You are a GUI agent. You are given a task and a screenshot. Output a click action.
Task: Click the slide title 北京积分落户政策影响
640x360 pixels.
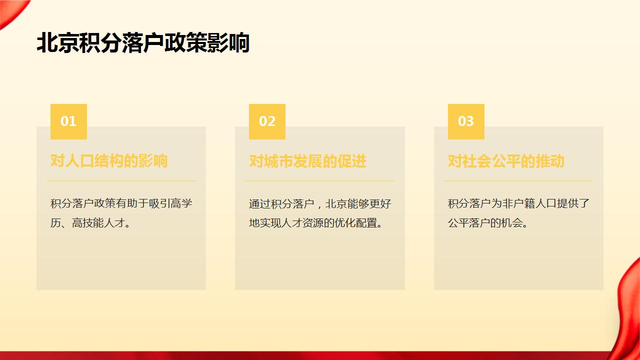(x=143, y=43)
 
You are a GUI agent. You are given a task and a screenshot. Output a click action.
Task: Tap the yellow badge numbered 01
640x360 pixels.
(x=68, y=121)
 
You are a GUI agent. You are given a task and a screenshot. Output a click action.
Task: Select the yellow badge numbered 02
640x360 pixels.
(x=267, y=121)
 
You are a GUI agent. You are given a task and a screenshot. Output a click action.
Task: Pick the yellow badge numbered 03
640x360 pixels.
(x=466, y=121)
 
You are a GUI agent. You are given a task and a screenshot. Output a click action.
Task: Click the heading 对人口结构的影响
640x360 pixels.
(x=109, y=161)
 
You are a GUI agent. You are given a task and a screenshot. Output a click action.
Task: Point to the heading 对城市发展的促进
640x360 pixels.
(x=307, y=161)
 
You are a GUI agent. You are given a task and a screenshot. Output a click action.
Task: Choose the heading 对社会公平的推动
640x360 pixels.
(x=506, y=161)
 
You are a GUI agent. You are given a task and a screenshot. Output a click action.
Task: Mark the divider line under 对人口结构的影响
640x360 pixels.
(x=121, y=180)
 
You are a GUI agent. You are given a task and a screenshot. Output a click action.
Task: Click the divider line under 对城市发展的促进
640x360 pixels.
(x=319, y=180)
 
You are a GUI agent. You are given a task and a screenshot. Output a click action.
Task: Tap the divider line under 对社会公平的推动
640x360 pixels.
(x=518, y=180)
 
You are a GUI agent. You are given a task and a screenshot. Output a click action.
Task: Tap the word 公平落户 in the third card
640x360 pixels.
(x=469, y=223)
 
